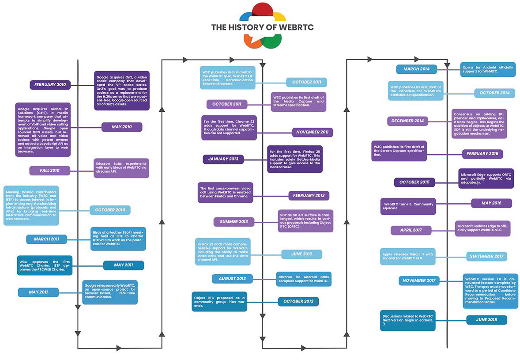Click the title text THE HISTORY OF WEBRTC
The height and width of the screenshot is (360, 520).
click(262, 27)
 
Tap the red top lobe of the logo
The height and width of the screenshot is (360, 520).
click(262, 9)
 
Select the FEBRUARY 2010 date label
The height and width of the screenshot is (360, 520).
click(50, 85)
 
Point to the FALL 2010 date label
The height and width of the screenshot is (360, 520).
click(50, 171)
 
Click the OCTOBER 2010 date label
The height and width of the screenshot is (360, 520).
click(110, 210)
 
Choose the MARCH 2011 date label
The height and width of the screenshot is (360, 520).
click(46, 239)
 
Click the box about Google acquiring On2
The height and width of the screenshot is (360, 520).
click(122, 91)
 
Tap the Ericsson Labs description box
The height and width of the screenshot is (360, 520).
click(121, 168)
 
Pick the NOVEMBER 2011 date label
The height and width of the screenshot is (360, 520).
click(313, 132)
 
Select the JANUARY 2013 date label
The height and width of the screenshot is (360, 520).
click(223, 159)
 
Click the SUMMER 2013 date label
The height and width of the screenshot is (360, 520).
click(234, 222)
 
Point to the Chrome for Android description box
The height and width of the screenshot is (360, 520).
click(304, 279)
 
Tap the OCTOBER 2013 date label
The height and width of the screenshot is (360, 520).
click(298, 302)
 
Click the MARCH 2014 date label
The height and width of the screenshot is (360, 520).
click(417, 69)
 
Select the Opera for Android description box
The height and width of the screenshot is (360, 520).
click(488, 69)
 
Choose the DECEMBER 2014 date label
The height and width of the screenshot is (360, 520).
click(407, 121)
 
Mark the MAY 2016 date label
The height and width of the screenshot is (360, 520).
click(491, 203)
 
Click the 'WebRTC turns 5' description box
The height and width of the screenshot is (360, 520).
click(408, 206)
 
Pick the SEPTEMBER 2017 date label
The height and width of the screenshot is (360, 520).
click(486, 257)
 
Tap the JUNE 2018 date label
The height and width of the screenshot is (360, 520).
click(486, 320)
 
